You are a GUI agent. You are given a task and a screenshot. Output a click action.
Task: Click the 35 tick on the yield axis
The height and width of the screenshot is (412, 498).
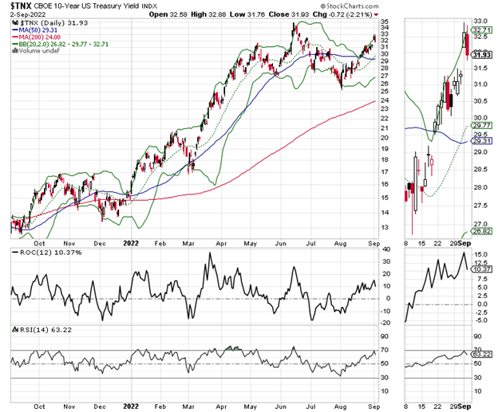pyautogui.click(x=385, y=22)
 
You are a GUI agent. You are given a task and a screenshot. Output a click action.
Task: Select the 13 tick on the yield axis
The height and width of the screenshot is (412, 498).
pyautogui.click(x=385, y=227)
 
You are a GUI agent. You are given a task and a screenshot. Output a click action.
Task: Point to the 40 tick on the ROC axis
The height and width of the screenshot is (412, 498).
pyautogui.click(x=385, y=250)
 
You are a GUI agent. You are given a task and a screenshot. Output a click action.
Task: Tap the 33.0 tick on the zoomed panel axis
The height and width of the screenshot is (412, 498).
pyautogui.click(x=480, y=21)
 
